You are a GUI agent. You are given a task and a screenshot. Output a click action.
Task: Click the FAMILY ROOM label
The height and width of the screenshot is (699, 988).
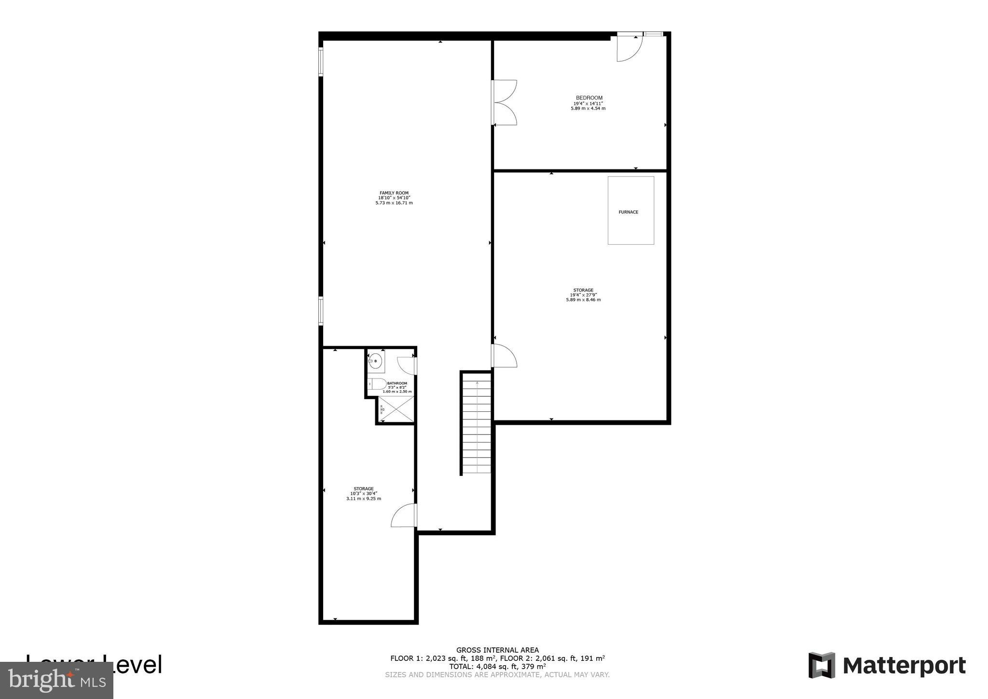pos(394,193)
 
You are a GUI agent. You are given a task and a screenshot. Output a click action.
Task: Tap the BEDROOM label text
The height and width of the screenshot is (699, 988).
pos(589,98)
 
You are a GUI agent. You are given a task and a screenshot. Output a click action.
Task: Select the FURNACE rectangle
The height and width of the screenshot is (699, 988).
pos(631,210)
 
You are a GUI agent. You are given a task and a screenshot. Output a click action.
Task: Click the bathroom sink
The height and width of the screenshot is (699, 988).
pos(375,361)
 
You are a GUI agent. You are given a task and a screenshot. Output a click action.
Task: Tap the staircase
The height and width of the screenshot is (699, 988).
pos(477,425)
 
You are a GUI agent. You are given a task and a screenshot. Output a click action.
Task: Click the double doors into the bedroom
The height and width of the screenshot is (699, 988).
pos(504,102)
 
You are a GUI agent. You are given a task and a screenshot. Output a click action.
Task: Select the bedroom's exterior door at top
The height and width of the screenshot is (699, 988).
pos(630,48)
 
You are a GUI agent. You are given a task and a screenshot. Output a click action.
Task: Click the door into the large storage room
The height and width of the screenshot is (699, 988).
pos(504,356)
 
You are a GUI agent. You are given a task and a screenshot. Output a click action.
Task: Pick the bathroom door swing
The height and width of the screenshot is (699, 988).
pos(407,365)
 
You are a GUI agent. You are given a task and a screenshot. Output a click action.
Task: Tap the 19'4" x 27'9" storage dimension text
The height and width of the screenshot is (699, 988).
pos(583,295)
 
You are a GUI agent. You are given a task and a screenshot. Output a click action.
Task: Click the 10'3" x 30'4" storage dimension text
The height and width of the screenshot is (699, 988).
pos(364,493)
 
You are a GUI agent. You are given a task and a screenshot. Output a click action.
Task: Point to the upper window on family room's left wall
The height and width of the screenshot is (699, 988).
pos(321,61)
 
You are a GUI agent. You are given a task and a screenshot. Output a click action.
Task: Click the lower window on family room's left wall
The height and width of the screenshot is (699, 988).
pos(321,310)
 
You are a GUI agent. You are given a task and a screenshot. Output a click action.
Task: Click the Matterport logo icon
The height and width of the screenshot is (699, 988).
pos(822,665)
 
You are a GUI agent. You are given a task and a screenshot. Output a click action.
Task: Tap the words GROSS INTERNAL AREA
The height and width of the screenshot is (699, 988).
pos(497,650)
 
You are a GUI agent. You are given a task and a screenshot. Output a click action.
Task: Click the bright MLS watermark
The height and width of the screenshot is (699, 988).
pos(56,680)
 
